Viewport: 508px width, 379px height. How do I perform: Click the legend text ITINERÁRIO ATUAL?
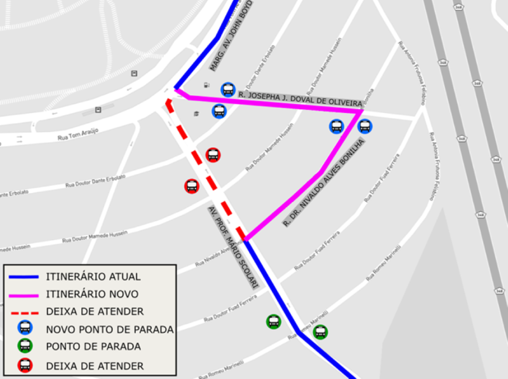point(93,276)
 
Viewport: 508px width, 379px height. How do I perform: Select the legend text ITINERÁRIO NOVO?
point(91,294)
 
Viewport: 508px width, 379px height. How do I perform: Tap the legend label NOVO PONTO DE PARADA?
point(109,329)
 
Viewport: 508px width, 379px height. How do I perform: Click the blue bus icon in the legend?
point(25,328)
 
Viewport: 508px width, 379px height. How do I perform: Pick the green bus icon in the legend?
point(25,346)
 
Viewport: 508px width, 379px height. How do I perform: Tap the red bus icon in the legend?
point(25,365)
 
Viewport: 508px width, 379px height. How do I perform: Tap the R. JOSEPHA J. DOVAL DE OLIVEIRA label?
point(300,99)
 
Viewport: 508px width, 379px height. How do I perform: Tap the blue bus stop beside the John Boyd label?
point(228,90)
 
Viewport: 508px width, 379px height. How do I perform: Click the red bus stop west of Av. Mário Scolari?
point(192,186)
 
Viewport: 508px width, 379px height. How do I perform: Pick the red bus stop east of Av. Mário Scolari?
point(213,155)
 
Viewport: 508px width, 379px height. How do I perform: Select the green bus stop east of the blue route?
point(321,332)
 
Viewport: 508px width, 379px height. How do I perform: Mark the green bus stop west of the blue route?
point(274,321)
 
